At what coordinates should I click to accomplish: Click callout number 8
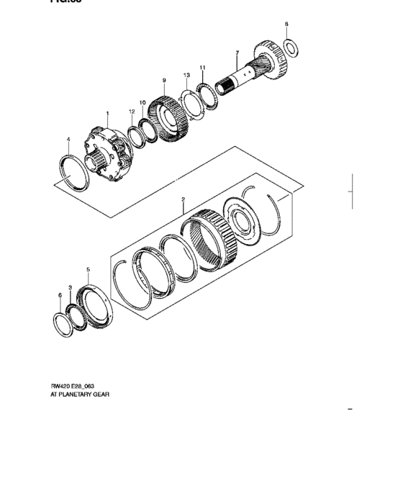(286, 25)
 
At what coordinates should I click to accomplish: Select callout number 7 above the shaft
(236, 53)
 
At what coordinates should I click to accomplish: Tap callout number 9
(165, 80)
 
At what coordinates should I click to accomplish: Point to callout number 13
(186, 75)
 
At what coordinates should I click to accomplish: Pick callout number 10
(142, 103)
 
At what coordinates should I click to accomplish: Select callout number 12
(132, 112)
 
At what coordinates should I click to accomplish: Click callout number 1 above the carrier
(107, 113)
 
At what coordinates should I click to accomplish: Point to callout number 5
(88, 270)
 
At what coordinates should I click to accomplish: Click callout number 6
(60, 295)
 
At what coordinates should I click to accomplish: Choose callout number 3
(71, 287)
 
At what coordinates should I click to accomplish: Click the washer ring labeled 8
(291, 49)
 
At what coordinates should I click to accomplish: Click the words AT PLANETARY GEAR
(81, 395)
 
